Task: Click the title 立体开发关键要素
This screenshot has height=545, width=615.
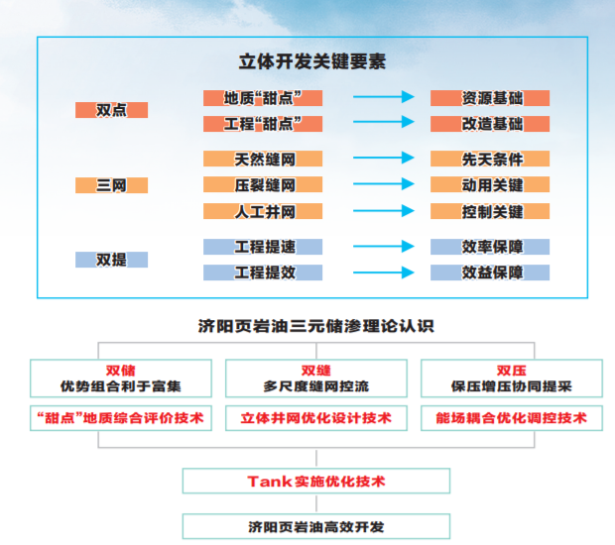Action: coord(312,61)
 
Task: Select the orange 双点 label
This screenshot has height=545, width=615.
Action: coord(111,110)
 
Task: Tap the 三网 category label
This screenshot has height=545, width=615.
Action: coord(111,185)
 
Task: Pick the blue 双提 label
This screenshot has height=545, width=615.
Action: coord(111,260)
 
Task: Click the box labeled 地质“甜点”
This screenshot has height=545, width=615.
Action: coord(263,98)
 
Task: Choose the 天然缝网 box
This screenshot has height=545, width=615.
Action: coord(263,159)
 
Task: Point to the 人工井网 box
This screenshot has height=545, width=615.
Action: coord(263,211)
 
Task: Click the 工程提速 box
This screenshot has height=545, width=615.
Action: coord(263,247)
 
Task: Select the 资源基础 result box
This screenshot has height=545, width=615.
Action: coord(490,98)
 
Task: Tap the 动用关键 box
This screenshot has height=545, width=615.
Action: coord(490,185)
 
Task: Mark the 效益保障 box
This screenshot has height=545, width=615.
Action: coord(490,272)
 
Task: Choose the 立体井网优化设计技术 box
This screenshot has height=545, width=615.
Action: coord(315,418)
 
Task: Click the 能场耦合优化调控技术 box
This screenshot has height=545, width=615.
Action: coord(511,418)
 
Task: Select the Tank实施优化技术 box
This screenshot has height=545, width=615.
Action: coord(315,482)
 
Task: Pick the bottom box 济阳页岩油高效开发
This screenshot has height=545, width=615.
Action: coord(315,526)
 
